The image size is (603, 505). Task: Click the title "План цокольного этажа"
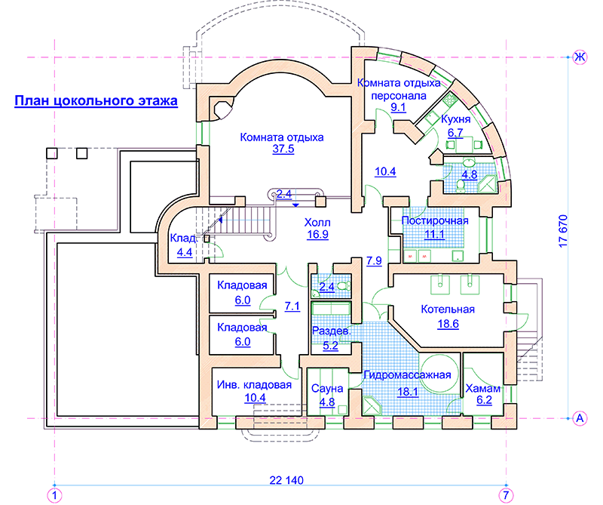click(96, 100)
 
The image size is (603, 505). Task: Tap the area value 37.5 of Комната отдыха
click(283, 149)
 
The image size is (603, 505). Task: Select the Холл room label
click(317, 222)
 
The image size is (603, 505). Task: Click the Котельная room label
click(448, 309)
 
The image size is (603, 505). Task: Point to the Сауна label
click(327, 389)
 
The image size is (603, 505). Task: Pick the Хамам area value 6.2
click(484, 400)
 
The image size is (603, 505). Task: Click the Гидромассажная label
click(407, 375)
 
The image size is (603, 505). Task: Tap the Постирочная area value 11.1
click(434, 234)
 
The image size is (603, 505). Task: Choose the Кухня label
click(456, 119)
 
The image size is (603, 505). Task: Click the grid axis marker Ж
click(580, 57)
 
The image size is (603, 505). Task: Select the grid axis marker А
click(580, 418)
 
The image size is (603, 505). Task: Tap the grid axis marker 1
click(54, 495)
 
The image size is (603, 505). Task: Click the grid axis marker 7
click(506, 495)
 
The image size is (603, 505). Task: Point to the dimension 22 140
click(286, 480)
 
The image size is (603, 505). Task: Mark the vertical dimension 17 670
click(562, 231)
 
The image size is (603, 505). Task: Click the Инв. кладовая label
click(254, 385)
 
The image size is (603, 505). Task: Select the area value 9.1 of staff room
click(399, 107)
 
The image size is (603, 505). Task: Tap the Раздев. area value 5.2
click(330, 346)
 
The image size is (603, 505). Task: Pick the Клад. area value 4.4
click(185, 252)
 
